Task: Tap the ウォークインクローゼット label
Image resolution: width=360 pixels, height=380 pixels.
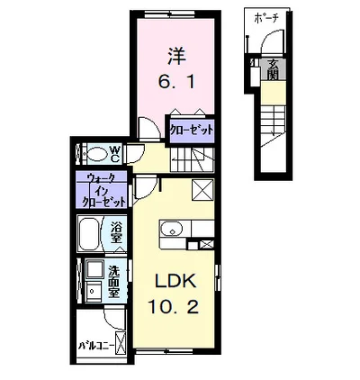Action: point(106,190)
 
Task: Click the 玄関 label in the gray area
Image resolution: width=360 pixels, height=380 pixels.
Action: point(272,68)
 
